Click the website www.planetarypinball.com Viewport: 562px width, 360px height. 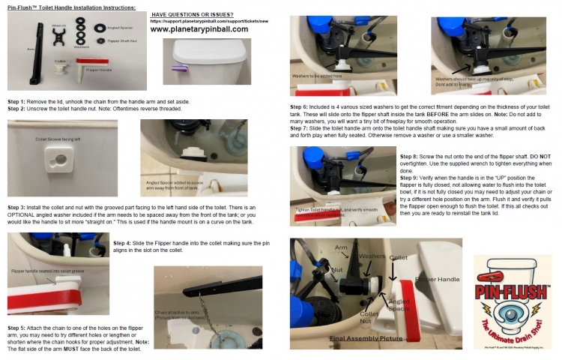199,29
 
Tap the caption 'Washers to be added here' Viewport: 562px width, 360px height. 319,74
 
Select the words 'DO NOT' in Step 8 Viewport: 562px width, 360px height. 538,155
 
